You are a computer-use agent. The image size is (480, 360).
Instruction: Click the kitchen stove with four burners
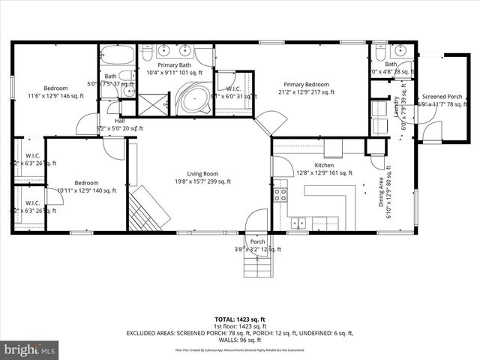tap(281, 195)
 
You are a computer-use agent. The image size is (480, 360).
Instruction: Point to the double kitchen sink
tap(299, 223)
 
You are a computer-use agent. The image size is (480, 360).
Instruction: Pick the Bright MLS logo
tap(30, 349)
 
